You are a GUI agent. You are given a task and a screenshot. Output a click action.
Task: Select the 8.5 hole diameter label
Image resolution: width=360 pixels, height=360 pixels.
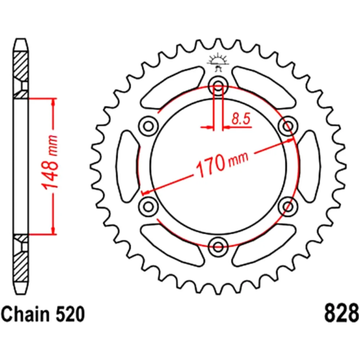(240, 119)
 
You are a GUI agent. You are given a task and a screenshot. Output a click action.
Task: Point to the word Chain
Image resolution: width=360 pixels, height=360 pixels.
(25, 314)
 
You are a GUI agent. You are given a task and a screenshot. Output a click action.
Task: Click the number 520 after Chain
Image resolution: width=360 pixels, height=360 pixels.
(70, 314)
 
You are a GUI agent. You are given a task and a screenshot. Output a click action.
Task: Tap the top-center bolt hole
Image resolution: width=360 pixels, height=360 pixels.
(218, 86)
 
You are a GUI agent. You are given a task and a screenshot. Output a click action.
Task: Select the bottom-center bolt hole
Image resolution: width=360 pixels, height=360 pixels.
(218, 247)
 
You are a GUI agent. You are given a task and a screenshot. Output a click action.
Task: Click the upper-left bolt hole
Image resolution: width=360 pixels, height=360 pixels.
(149, 126)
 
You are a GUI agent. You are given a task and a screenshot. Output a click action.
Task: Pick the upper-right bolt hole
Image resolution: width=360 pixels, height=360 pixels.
(288, 126)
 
